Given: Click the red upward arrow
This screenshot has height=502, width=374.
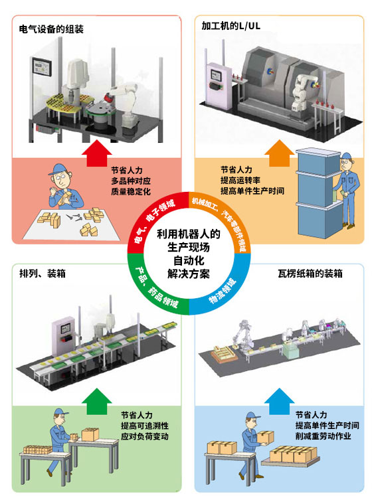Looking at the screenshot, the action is [97, 153].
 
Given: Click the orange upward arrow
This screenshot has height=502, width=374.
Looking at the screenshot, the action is [279, 153].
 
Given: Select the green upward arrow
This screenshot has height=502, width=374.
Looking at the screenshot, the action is [97, 402].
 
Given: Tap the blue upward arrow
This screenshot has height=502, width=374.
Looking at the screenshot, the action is [279, 402].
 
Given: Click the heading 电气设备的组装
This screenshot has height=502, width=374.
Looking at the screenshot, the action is [51, 29].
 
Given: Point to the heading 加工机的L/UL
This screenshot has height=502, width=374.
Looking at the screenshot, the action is [231, 26].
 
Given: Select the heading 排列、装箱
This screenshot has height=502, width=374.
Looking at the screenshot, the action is [43, 274].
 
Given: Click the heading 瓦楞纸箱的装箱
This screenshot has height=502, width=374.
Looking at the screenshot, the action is [310, 274].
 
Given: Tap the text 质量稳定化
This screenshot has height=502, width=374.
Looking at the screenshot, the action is [131, 191].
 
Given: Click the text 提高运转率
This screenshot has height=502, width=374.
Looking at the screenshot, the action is [240, 180].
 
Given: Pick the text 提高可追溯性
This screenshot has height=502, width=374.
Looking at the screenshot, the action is [145, 426].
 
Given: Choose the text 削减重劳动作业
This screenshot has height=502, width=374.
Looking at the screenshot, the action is [323, 436].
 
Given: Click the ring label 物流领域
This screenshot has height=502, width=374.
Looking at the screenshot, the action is [223, 291].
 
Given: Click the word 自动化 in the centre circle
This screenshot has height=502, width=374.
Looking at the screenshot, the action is [189, 260].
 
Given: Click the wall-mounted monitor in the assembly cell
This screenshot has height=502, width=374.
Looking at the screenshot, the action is [42, 67].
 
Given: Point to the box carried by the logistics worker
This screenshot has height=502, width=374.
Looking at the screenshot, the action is [266, 438].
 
